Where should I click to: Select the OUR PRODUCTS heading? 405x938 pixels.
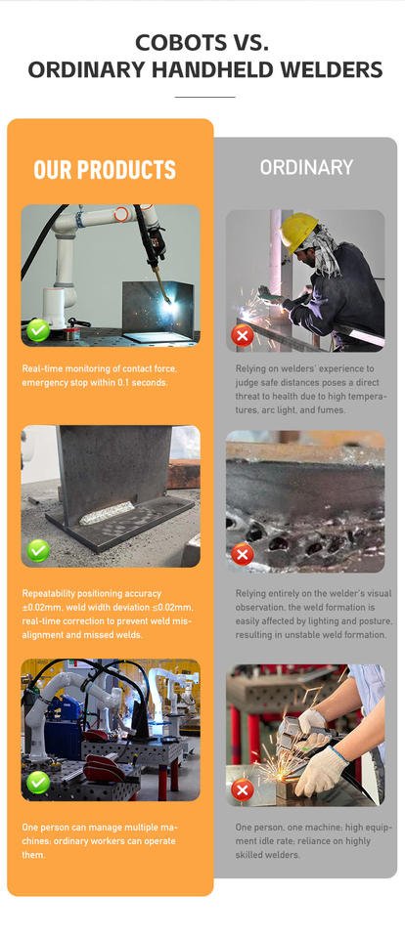(x=105, y=170)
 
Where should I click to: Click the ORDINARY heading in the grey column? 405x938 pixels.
(x=306, y=167)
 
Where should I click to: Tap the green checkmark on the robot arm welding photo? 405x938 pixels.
(x=38, y=330)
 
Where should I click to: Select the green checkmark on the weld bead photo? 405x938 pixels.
(x=38, y=551)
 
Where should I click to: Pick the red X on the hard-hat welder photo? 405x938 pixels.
(x=243, y=336)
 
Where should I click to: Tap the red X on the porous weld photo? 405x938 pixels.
(x=243, y=556)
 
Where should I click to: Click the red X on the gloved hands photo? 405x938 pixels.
(x=243, y=790)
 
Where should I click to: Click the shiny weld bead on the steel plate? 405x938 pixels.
(x=108, y=512)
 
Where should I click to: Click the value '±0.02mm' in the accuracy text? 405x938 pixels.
(x=39, y=608)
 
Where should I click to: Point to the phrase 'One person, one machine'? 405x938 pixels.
(x=284, y=828)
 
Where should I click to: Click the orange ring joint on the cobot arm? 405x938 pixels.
(x=121, y=214)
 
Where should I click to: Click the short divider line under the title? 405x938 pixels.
(x=204, y=97)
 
